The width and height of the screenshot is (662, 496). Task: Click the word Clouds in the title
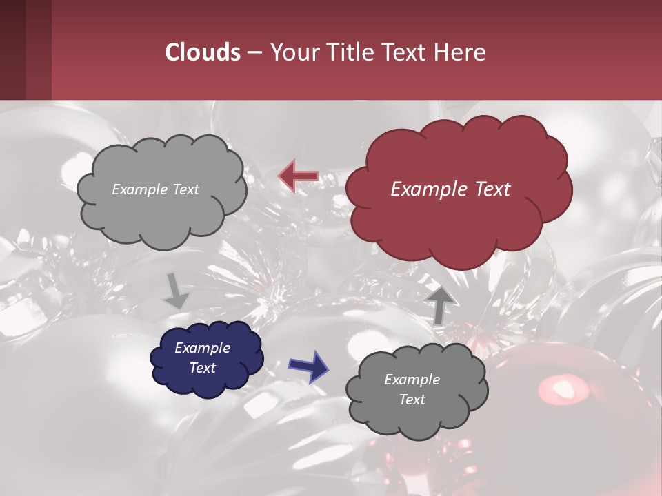pyautogui.click(x=203, y=52)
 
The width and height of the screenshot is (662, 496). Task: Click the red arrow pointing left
pyautogui.click(x=298, y=176)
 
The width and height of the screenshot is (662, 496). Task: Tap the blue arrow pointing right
pyautogui.click(x=308, y=366)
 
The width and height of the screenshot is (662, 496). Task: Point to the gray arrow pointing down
pyautogui.click(x=175, y=291)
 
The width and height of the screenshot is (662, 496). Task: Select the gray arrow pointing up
pyautogui.click(x=441, y=304)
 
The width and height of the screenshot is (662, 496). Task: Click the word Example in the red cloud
pyautogui.click(x=426, y=189)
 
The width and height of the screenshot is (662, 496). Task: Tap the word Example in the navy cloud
pyautogui.click(x=202, y=348)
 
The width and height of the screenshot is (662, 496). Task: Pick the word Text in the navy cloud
pyautogui.click(x=202, y=368)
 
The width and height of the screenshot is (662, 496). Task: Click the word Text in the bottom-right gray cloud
pyautogui.click(x=412, y=400)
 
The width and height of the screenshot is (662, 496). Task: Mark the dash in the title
pyautogui.click(x=254, y=52)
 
